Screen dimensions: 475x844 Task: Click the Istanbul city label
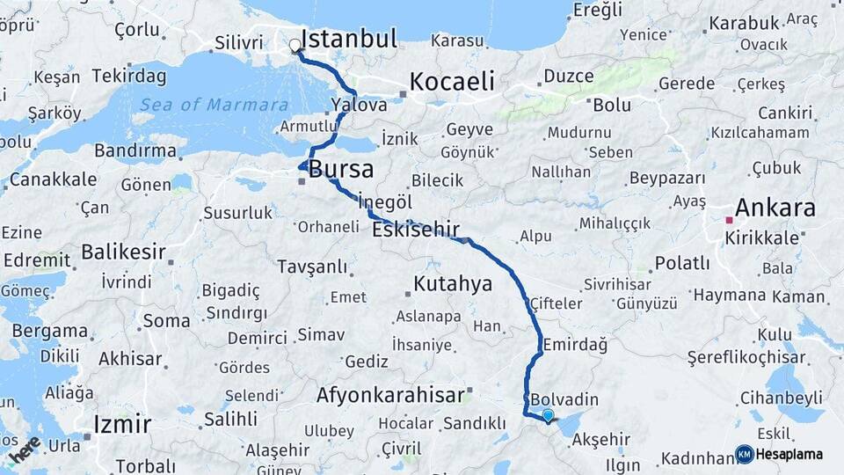[x=349, y=39]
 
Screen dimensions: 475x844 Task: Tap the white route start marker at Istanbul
[x=295, y=45]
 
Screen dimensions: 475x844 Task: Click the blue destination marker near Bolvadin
[x=549, y=416]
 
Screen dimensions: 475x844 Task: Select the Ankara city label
[x=775, y=208]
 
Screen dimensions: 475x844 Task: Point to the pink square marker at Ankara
[x=729, y=220]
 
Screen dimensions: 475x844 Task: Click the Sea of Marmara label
[x=214, y=105]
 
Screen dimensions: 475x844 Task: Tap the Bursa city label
[x=340, y=169]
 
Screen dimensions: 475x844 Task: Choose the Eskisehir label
[x=416, y=230]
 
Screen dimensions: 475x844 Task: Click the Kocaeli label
[x=452, y=81]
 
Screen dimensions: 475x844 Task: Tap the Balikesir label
[x=123, y=252]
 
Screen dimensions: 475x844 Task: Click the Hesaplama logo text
[x=789, y=454]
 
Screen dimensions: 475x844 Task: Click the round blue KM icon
[x=745, y=454]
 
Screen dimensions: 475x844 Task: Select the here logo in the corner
[x=25, y=449]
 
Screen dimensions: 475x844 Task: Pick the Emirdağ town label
[x=575, y=344]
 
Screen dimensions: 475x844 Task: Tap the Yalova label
[x=359, y=105]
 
